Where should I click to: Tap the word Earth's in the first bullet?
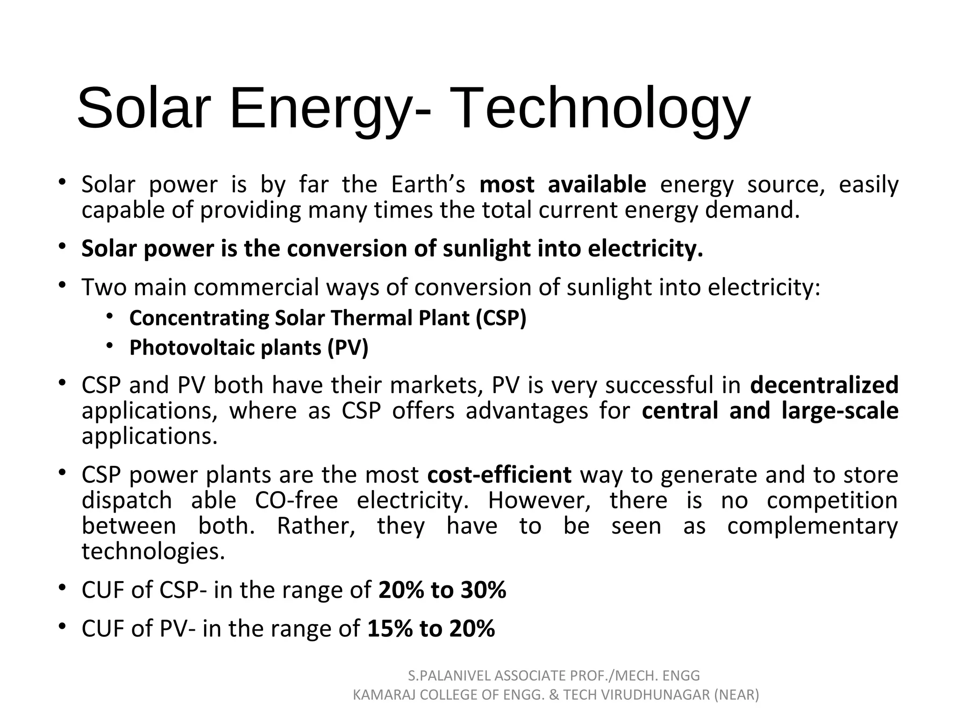pyautogui.click(x=428, y=185)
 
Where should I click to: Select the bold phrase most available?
pyautogui.click(x=563, y=185)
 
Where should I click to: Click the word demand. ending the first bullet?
pyautogui.click(x=752, y=211)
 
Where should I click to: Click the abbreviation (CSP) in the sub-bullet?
pyautogui.click(x=501, y=318)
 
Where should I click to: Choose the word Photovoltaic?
pyautogui.click(x=192, y=348)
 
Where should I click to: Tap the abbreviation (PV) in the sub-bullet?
pyautogui.click(x=348, y=348)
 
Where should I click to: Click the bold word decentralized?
pyautogui.click(x=824, y=386)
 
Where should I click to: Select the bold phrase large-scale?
pyautogui.click(x=840, y=411)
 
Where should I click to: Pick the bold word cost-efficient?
pyautogui.click(x=499, y=475)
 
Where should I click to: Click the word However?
pyautogui.click(x=539, y=501)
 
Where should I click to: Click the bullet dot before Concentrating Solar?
pyautogui.click(x=109, y=317)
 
